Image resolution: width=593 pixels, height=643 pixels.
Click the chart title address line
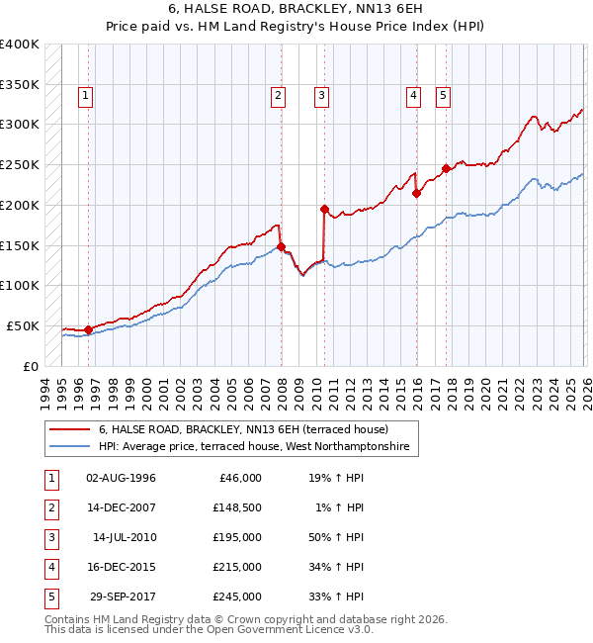[296, 9]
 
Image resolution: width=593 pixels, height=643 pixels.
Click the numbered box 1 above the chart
[86, 96]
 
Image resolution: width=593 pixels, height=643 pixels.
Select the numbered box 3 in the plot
[322, 96]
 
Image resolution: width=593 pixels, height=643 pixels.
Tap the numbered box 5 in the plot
[443, 96]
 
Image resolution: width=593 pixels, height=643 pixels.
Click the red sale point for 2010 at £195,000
[324, 209]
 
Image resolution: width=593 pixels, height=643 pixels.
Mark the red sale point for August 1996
[88, 329]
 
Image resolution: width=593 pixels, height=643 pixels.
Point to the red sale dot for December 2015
[416, 193]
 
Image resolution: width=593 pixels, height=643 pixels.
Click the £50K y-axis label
[23, 325]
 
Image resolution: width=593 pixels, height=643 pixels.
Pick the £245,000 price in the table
[237, 597]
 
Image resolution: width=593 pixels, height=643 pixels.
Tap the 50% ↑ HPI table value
[336, 537]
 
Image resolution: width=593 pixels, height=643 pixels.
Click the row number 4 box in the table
[48, 567]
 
